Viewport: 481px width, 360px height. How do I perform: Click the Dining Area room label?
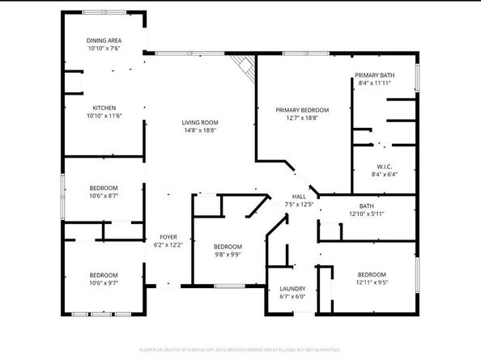tap(104, 40)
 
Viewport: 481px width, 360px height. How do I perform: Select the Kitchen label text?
tap(104, 108)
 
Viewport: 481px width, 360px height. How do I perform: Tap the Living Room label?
tap(199, 122)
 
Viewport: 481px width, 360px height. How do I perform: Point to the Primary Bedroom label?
tap(302, 110)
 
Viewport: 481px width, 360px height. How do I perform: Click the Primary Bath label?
tap(373, 75)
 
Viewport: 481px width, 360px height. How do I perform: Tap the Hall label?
tap(299, 197)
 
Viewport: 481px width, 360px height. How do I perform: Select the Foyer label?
tap(168, 236)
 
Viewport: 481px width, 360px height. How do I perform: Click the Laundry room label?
tap(292, 289)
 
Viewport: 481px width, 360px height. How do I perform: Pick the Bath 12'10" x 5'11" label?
tap(366, 206)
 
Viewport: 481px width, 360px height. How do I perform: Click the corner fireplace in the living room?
tap(240, 64)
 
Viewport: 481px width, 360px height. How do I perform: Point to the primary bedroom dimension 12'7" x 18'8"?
tap(302, 117)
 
